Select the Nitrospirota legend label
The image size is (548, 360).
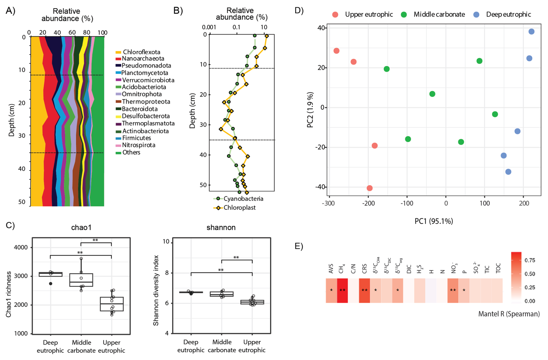(138, 145)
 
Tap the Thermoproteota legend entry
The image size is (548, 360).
(146, 102)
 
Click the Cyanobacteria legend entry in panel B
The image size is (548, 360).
(243, 199)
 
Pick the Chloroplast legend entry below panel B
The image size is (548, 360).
(239, 208)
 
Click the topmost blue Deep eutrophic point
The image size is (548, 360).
(531, 32)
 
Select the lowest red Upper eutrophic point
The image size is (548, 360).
(370, 188)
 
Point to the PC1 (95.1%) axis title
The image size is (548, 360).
(434, 221)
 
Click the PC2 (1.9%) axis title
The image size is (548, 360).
(310, 110)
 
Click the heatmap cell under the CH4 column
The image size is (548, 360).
(342, 290)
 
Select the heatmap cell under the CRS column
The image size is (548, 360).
(364, 290)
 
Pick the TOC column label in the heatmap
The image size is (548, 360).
(498, 268)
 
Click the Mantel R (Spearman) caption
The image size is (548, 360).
(509, 314)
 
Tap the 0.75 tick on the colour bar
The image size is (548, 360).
(530, 260)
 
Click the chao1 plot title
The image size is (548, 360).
(81, 228)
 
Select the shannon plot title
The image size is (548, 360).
(221, 228)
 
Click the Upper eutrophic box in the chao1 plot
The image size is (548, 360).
(112, 304)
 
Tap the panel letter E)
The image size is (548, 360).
(299, 246)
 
